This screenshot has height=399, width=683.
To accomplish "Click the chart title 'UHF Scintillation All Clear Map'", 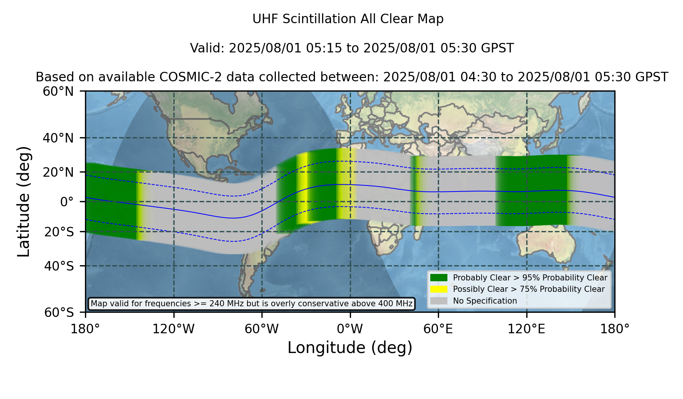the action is tap(348, 19).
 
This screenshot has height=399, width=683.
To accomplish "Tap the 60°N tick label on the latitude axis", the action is tap(58, 91).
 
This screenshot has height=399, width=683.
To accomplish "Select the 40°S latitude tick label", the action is tap(59, 266).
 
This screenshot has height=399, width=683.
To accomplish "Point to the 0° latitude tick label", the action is tap(67, 202).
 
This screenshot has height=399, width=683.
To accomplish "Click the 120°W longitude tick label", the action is tap(173, 329).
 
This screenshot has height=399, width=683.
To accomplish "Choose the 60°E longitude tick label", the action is tap(438, 329).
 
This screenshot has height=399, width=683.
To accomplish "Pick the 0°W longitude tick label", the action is tap(350, 329).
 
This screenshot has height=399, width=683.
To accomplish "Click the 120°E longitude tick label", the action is tap(527, 329).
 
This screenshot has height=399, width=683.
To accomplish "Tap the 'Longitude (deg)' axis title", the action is tap(350, 348).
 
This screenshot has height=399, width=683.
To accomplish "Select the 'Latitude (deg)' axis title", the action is tap(24, 201).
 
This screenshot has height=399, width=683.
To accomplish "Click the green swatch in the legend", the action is tap(439, 278).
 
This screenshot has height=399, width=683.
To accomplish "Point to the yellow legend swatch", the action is tap(439, 289).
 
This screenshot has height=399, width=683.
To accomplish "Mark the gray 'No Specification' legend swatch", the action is tap(439, 301).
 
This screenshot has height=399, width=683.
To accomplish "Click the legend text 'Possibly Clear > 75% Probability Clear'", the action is tap(529, 289).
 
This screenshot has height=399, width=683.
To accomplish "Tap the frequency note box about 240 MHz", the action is tap(252, 304).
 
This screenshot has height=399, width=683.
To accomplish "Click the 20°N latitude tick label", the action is tap(58, 172).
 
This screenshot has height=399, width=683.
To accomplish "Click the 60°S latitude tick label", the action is tap(59, 312).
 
